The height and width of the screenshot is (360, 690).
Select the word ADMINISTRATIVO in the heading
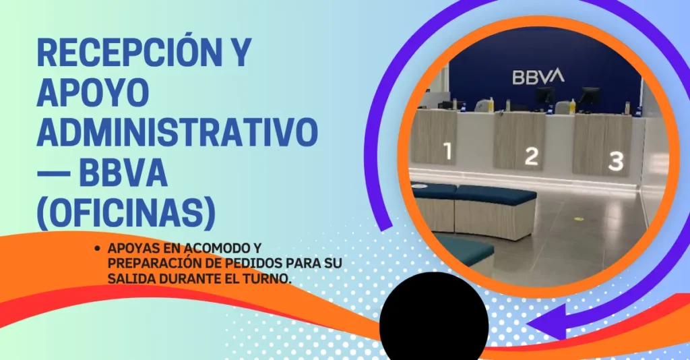point(177,132)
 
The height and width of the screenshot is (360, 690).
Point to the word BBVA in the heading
point(123,173)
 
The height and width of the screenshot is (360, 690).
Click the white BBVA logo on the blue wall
point(538,76)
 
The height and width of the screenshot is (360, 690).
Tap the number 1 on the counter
point(448,151)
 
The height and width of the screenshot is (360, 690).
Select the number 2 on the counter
point(532,156)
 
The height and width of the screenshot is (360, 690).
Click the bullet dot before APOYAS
point(97,248)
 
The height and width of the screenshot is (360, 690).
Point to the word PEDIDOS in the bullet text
point(253,263)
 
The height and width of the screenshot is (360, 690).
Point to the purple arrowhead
point(546,324)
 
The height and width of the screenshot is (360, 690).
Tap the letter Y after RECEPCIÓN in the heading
point(239,53)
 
